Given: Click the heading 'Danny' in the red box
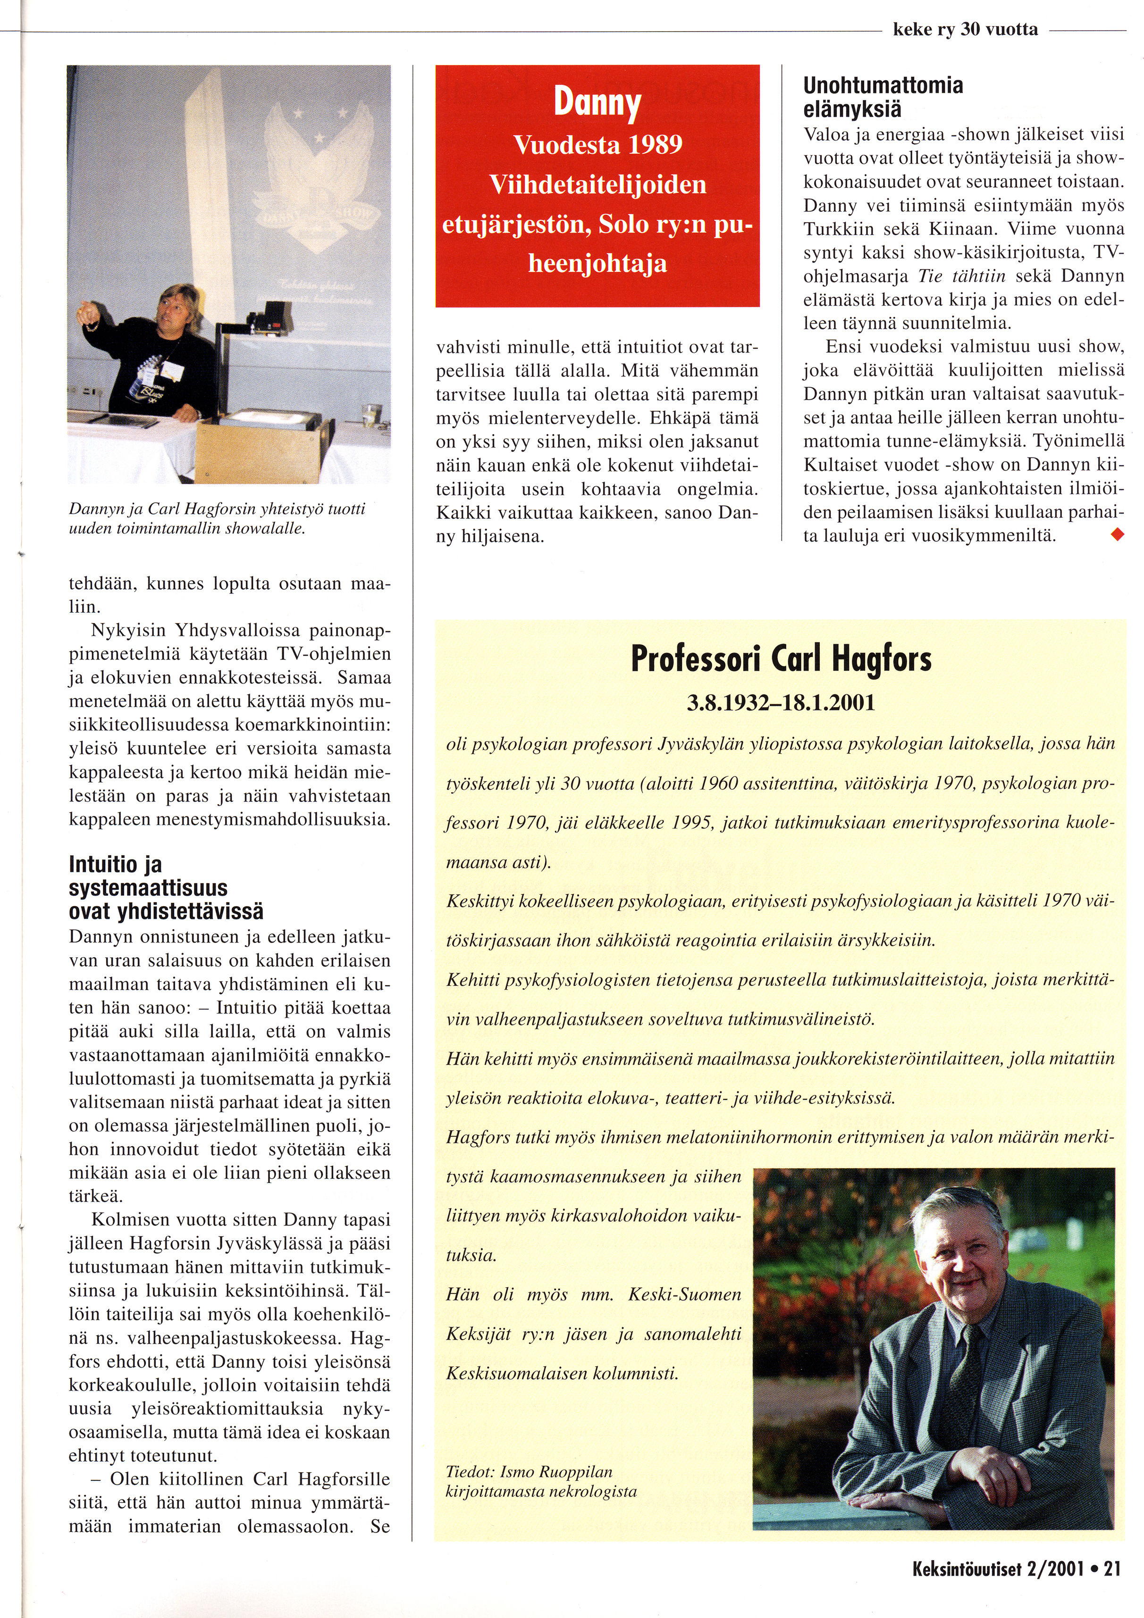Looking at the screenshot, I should [x=597, y=103].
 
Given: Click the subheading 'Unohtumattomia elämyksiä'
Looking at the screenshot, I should [x=883, y=97].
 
